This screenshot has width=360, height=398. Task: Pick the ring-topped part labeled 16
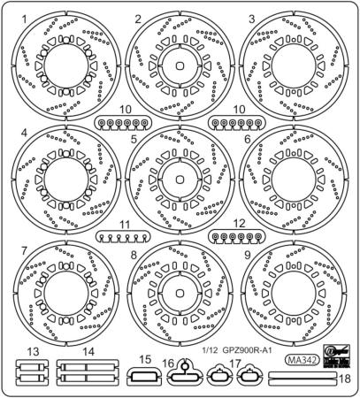click(181, 374)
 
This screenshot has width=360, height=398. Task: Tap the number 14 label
click(88, 352)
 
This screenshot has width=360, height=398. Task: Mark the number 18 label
click(346, 378)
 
